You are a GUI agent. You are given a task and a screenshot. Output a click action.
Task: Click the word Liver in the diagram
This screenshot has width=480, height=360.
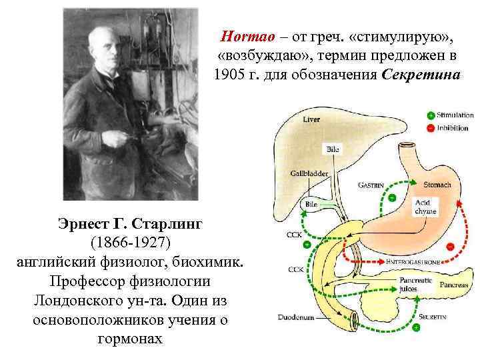pos(311,119)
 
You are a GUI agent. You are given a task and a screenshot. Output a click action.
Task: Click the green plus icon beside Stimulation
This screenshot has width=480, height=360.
pos(431,115)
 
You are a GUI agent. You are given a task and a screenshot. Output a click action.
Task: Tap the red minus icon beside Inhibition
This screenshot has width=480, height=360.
pos(431,127)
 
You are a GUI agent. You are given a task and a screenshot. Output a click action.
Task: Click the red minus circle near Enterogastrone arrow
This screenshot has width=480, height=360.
pos(450,247)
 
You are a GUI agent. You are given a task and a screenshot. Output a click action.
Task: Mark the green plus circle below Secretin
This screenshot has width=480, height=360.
pos(415,328)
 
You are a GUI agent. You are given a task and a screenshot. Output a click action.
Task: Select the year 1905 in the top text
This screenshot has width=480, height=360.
pos(228,73)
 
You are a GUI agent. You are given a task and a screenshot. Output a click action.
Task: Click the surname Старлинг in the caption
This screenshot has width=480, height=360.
pos(160,222)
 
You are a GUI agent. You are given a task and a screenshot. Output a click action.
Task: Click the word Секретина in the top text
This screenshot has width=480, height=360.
pos(421,73)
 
